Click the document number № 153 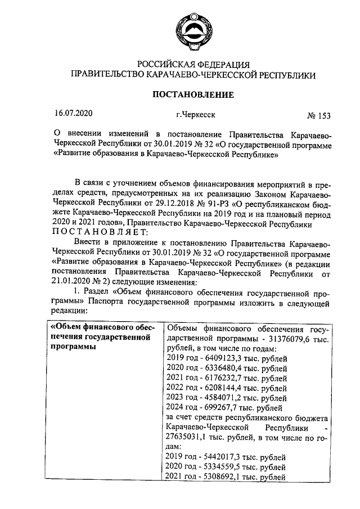click(x=318, y=116)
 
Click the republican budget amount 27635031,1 click(x=191, y=437)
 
